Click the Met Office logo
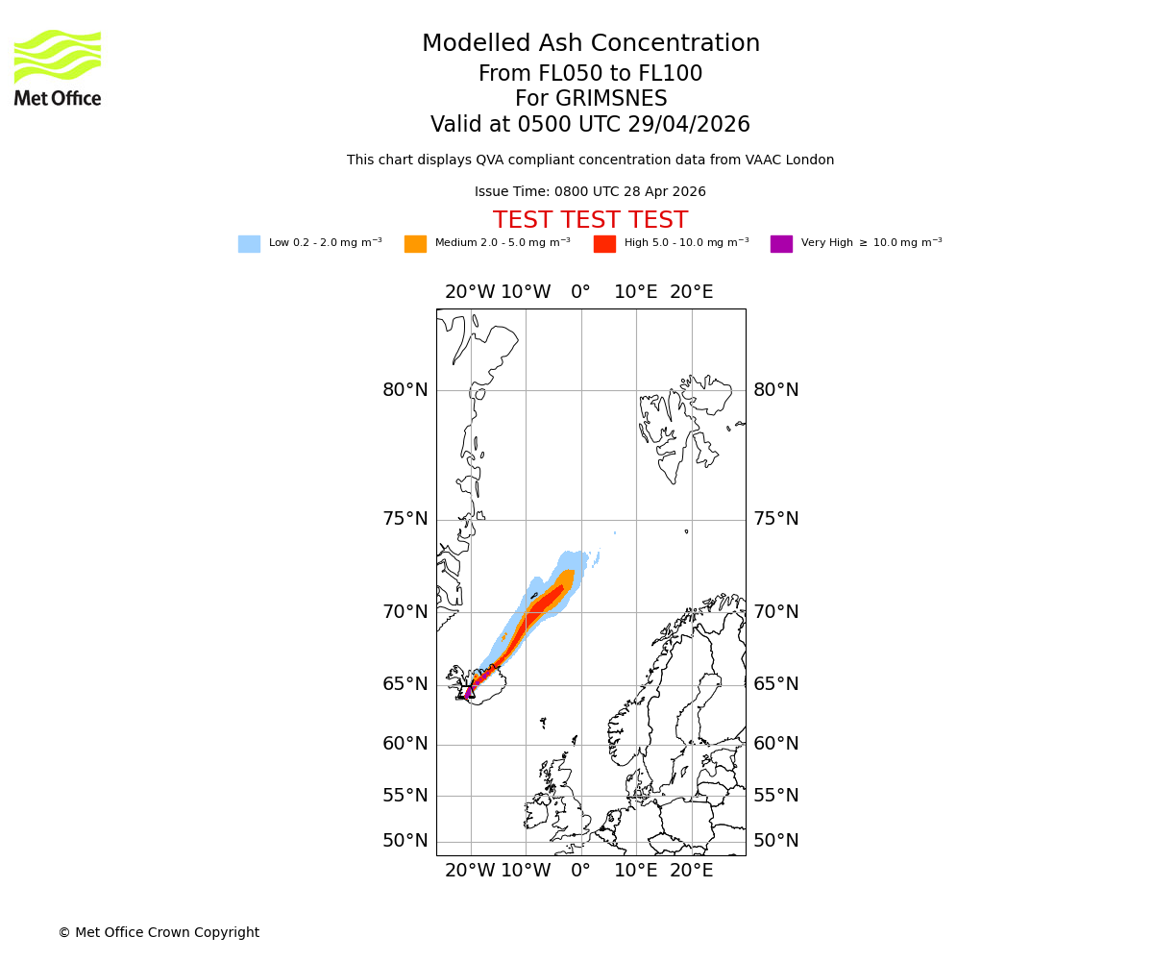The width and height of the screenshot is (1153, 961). [x=58, y=67]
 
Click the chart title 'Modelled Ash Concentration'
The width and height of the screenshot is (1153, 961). [x=591, y=43]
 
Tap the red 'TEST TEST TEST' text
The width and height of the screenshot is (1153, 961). [x=590, y=220]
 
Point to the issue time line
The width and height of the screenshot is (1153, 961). [x=590, y=192]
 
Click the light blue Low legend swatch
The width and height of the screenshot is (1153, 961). [x=249, y=244]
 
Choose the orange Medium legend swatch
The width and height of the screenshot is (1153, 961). [x=415, y=244]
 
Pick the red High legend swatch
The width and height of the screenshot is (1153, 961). [x=604, y=244]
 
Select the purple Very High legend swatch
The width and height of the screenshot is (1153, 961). [x=781, y=244]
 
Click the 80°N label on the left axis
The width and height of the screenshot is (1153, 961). [x=405, y=390]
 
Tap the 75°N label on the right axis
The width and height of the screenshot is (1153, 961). [x=776, y=519]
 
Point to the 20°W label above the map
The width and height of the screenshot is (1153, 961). [x=470, y=292]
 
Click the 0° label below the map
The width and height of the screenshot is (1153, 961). [x=580, y=871]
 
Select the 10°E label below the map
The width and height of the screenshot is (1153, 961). [x=636, y=871]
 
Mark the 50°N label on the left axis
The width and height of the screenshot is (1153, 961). [x=405, y=841]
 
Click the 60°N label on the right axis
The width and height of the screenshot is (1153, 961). [x=776, y=744]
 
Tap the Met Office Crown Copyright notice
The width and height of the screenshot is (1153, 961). [x=159, y=932]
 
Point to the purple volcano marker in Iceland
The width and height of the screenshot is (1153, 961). [x=469, y=692]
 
